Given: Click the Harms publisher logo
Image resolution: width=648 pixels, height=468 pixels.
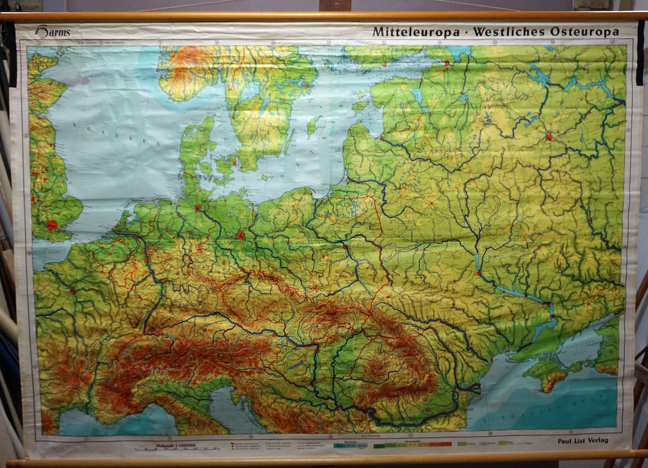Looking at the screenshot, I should (x=52, y=32).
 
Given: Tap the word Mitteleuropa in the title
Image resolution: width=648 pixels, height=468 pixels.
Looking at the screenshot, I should (x=416, y=32).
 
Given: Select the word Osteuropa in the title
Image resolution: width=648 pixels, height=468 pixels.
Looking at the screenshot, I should (x=584, y=32).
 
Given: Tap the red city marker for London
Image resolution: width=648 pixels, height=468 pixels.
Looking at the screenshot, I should (x=52, y=224).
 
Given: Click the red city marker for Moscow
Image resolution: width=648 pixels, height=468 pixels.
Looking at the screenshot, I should (x=549, y=136).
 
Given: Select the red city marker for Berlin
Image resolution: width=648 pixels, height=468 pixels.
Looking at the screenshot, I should (x=241, y=235).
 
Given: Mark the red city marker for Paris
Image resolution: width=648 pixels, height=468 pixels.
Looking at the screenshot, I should (x=73, y=291).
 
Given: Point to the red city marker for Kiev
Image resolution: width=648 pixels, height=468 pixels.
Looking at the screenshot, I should (x=479, y=273).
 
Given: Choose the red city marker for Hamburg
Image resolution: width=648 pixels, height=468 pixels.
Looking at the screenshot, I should (x=198, y=208).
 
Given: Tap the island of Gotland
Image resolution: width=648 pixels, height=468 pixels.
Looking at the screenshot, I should (x=313, y=126).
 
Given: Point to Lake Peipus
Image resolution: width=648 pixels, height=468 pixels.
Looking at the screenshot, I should (x=419, y=97).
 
